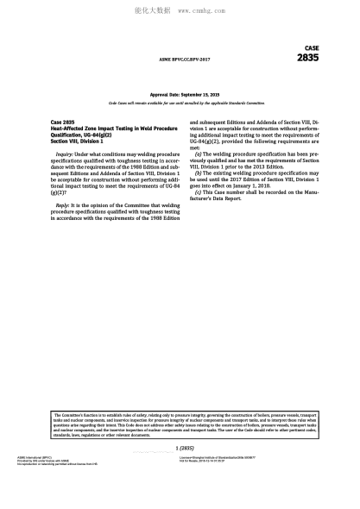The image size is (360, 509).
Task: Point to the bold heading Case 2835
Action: (x=63, y=123)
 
